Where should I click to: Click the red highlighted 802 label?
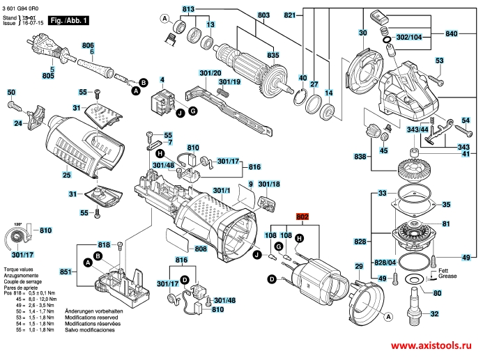[302, 217]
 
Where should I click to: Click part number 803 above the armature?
[243, 15]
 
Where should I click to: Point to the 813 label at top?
[187, 8]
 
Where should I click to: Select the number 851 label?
[66, 272]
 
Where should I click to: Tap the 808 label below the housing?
[200, 249]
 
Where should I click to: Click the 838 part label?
[359, 156]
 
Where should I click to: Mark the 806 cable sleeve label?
[88, 45]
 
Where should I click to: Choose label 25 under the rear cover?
[66, 175]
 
